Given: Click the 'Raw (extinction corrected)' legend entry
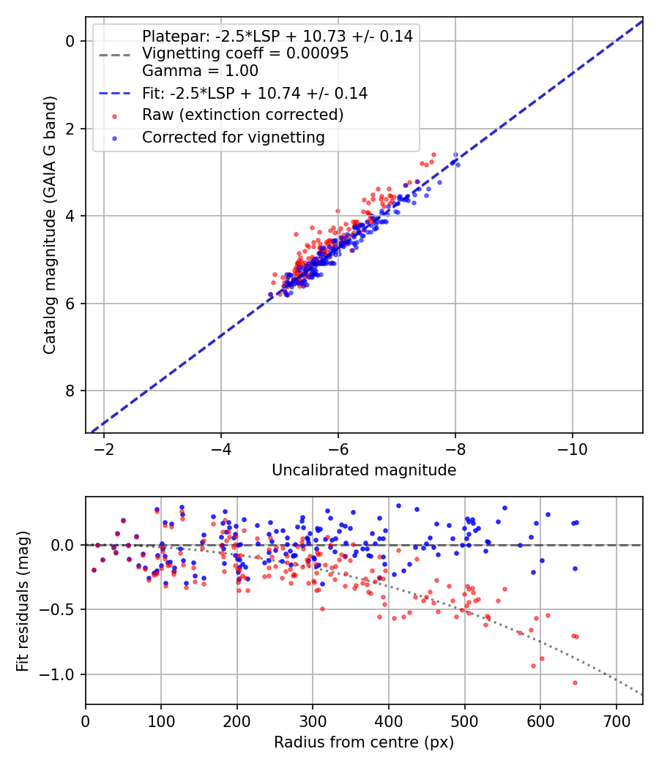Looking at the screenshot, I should click(x=242, y=115).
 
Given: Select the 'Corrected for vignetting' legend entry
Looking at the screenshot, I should click(x=234, y=137).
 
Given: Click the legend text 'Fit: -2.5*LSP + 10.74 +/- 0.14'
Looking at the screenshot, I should click(x=255, y=93).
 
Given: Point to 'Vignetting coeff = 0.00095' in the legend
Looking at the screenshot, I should click(x=245, y=53).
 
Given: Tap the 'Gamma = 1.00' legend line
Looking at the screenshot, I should click(x=200, y=71).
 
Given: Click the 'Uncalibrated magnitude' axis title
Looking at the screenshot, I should click(x=364, y=470).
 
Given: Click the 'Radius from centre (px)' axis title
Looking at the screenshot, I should click(x=364, y=742).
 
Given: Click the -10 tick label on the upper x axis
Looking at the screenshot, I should click(x=573, y=448).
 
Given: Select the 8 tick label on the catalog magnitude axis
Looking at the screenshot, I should click(x=71, y=391).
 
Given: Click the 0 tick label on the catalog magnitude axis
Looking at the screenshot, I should click(x=71, y=41).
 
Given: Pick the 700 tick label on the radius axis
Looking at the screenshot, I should click(x=616, y=720).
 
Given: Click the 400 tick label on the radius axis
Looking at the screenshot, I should click(x=389, y=720).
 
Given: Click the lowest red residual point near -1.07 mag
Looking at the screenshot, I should click(x=575, y=682).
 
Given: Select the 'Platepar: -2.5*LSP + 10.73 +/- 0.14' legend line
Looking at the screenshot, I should click(x=277, y=36).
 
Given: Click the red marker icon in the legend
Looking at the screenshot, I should click(x=113, y=116).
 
